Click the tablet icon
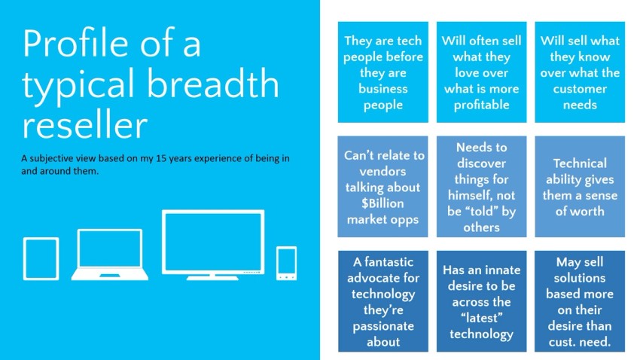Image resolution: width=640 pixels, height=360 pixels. point(41,258)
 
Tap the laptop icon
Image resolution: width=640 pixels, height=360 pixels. point(109,254)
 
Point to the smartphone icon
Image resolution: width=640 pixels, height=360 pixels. point(286,263)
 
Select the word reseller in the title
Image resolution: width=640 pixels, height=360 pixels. point(85,123)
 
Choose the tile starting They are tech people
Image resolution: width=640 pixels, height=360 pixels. point(383,72)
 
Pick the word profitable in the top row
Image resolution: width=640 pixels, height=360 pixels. point(481,105)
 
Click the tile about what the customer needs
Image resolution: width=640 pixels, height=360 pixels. point(580,72)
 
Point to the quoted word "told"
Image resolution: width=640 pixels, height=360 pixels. point(482,212)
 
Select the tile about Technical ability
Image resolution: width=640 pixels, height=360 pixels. point(580,187)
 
